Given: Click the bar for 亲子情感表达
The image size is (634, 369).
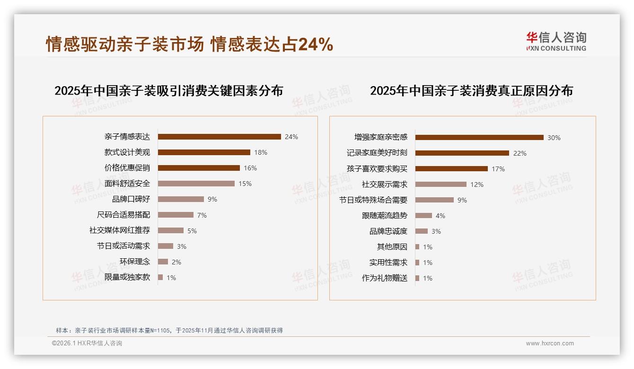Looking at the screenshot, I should click(x=219, y=137).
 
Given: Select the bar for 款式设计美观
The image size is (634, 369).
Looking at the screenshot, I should click(x=204, y=152).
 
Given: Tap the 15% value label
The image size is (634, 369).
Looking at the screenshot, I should click(x=245, y=184).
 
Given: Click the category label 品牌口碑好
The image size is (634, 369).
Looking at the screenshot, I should click(x=131, y=199).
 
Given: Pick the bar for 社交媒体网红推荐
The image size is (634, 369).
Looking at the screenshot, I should click(x=170, y=230).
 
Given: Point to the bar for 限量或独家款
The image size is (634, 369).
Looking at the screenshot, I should click(x=160, y=277).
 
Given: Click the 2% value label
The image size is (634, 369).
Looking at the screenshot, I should click(x=176, y=262).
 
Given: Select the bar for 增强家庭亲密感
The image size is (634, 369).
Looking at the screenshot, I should click(x=479, y=138).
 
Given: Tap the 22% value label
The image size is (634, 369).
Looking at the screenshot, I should click(x=520, y=153).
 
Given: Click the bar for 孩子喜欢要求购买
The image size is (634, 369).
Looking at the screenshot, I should click(x=451, y=169).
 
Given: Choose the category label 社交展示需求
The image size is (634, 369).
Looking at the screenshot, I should click(x=384, y=184).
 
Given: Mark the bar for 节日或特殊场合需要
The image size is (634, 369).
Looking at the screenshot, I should click(x=434, y=200).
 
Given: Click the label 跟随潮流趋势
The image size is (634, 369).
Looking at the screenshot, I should click(x=384, y=216).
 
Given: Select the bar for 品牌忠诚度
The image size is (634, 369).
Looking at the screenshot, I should click(x=422, y=231).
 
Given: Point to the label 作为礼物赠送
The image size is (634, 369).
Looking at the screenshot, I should click(x=384, y=278).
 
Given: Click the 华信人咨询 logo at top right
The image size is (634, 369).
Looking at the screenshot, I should click(x=556, y=41).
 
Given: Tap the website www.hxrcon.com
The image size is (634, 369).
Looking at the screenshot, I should click(x=550, y=343).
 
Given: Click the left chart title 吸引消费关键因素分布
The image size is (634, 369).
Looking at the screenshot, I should click(x=168, y=91).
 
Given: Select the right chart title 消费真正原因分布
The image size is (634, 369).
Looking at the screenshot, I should click(x=471, y=91).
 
